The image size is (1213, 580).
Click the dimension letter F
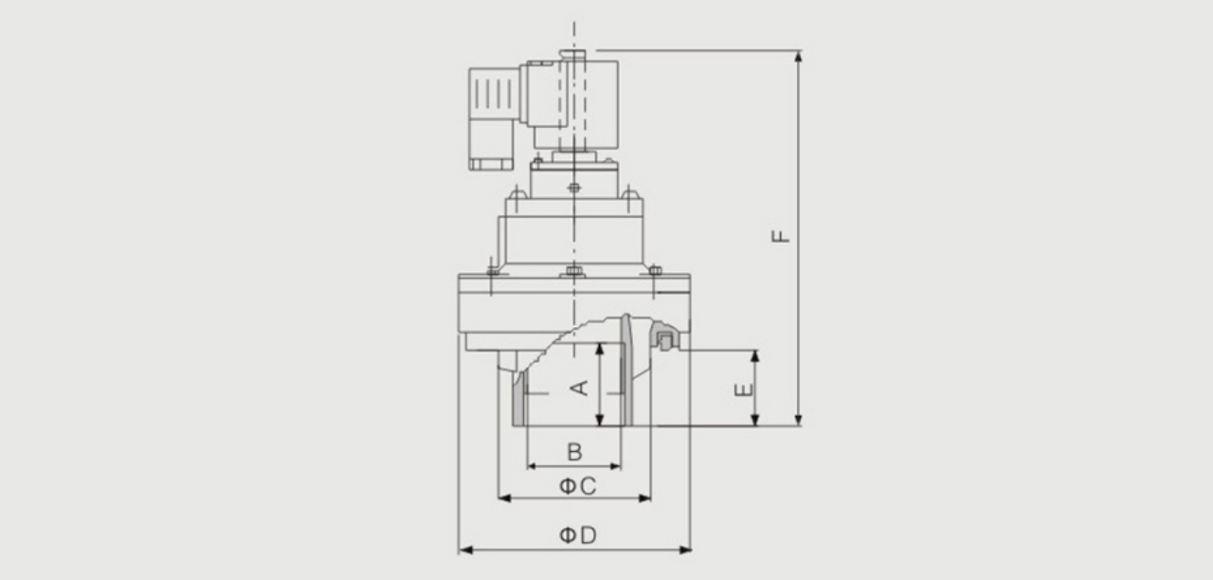(x=781, y=236)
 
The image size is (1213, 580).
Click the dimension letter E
(x=744, y=390)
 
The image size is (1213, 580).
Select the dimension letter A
(x=580, y=388)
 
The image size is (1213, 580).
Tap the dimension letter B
(x=574, y=452)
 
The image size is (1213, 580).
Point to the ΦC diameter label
(x=577, y=486)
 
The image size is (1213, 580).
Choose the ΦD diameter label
(x=578, y=535)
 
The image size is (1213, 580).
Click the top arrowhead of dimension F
(x=798, y=57)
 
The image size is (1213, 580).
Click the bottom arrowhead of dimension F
(x=798, y=420)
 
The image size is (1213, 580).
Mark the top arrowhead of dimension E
(x=755, y=356)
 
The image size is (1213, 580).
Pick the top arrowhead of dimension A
(x=600, y=350)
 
